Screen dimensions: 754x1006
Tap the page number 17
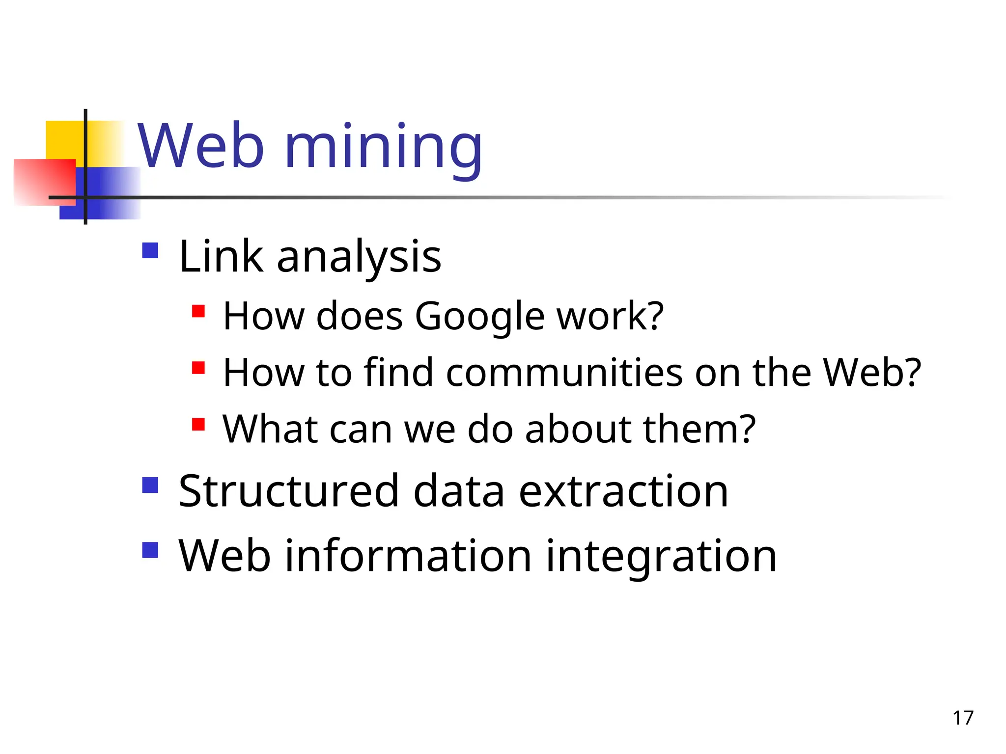(963, 718)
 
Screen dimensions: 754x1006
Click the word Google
(479, 317)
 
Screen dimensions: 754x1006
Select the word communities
(564, 373)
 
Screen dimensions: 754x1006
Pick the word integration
(661, 556)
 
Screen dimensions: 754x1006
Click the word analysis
(359, 257)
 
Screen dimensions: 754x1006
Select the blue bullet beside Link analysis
(150, 251)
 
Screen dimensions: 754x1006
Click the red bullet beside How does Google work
(198, 311)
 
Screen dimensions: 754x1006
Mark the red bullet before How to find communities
(198, 368)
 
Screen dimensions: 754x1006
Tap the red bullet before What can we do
(198, 424)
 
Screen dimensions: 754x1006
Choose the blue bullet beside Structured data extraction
(150, 485)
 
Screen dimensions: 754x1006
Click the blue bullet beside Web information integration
(150, 550)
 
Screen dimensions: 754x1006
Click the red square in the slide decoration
(44, 182)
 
